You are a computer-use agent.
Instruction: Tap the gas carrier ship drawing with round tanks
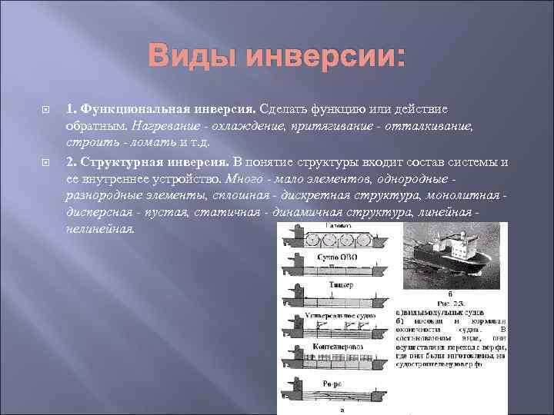[x=339, y=237]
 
